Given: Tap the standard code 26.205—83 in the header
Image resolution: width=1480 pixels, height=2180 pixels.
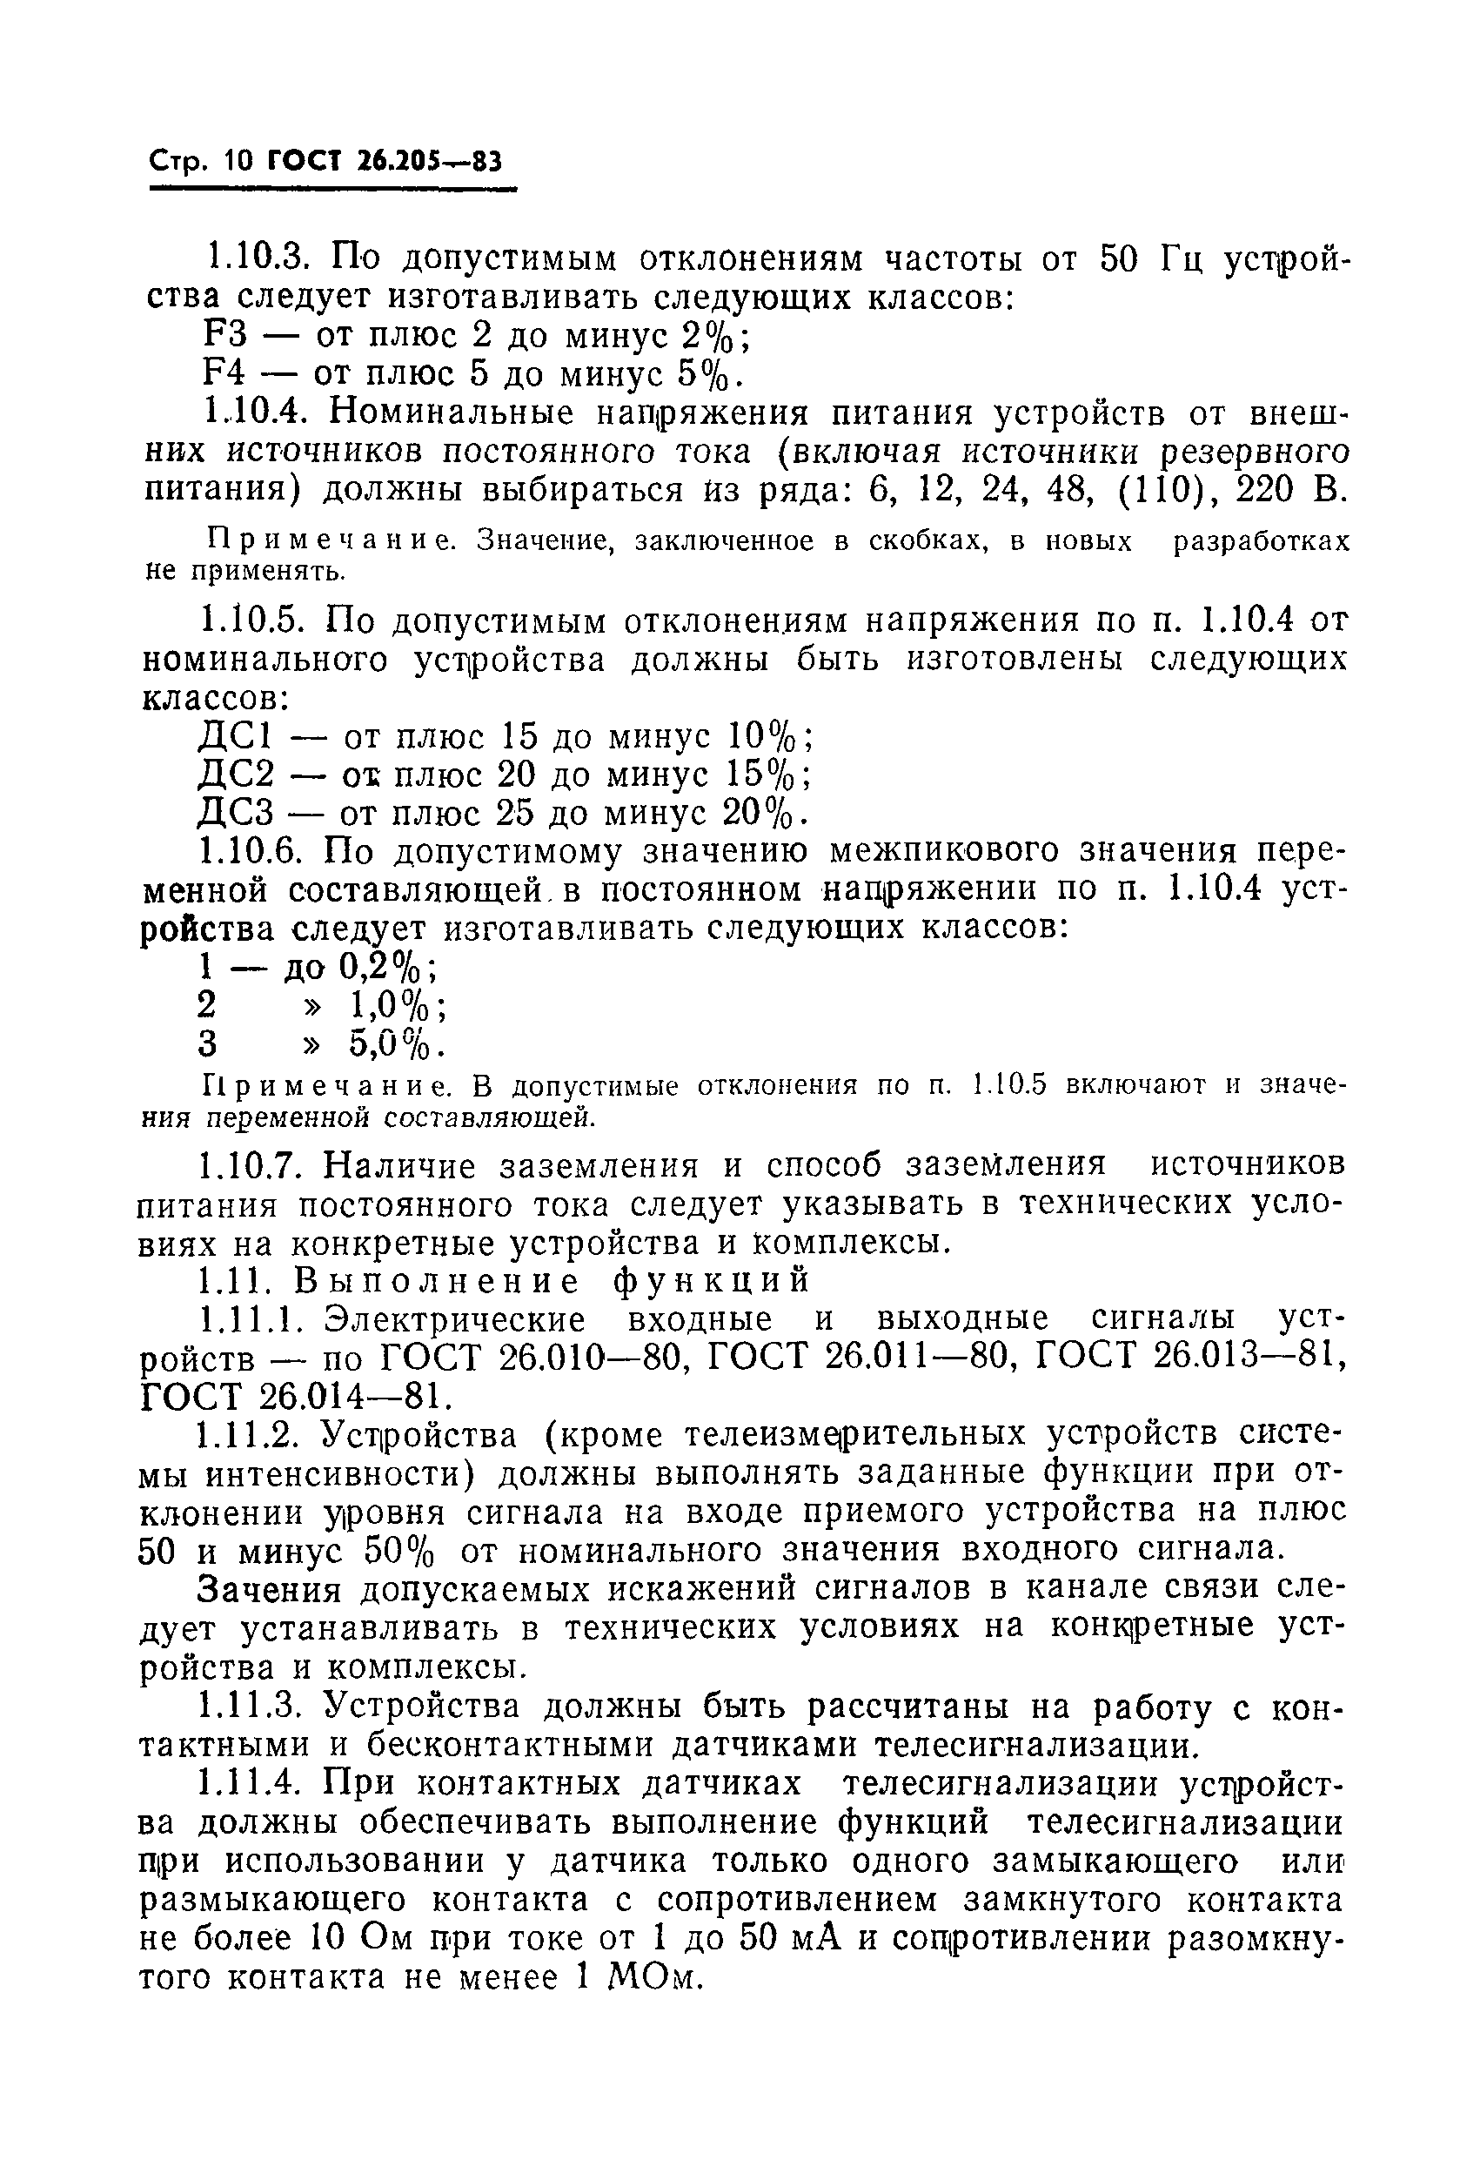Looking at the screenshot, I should [x=431, y=164].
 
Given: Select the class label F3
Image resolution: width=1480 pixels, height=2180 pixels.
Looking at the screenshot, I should [x=224, y=336].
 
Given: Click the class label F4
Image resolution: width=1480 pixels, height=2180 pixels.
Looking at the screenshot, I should [x=224, y=374].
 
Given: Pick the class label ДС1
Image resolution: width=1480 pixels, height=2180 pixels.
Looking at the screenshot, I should [x=234, y=736].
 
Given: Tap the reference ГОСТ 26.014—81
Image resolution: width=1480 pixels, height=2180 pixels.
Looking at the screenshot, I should [x=290, y=1398].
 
